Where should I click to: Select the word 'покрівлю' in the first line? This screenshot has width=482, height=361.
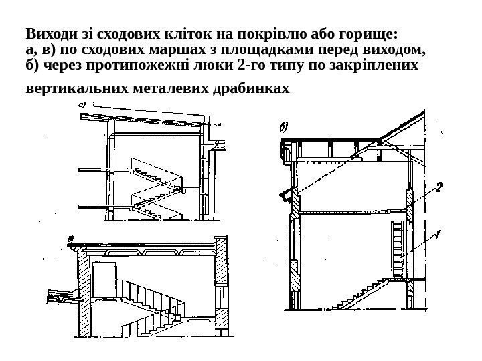(x=291, y=33)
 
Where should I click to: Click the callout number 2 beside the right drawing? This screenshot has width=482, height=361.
(x=439, y=189)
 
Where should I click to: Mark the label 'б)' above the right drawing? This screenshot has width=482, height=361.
(x=284, y=126)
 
